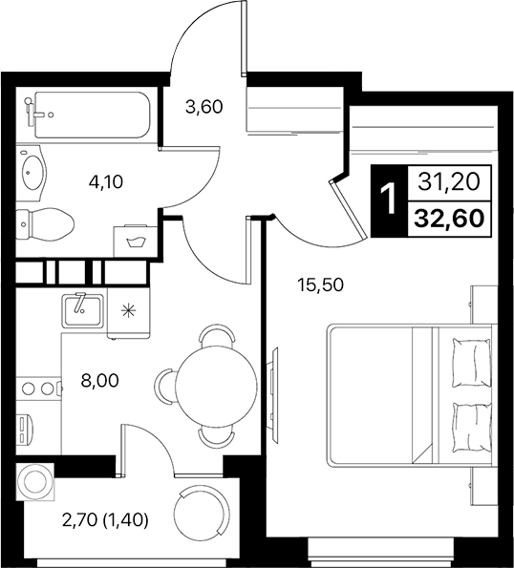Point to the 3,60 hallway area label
[203, 107]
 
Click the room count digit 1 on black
[388, 200]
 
